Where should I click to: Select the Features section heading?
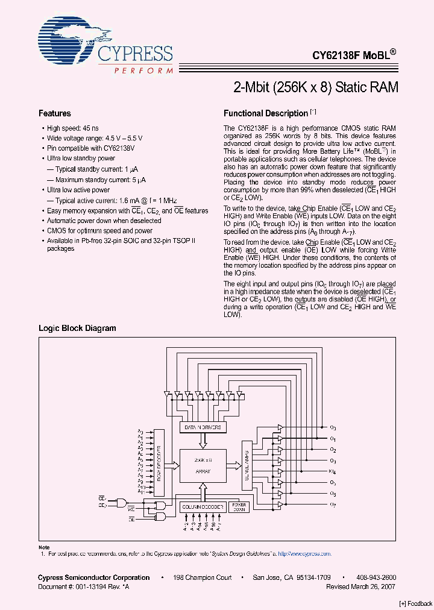pos(55,113)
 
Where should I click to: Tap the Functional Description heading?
pos(266,113)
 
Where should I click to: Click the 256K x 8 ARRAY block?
pos(203,465)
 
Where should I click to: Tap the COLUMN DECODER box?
pos(203,507)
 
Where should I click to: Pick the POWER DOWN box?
pos(239,507)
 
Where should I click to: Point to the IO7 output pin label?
pos(333,504)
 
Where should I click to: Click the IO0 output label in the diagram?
pos(333,427)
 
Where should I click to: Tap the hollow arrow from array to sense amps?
pos(234,464)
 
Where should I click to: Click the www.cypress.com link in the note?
pos(309,553)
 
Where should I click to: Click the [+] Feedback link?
pos(416,603)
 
